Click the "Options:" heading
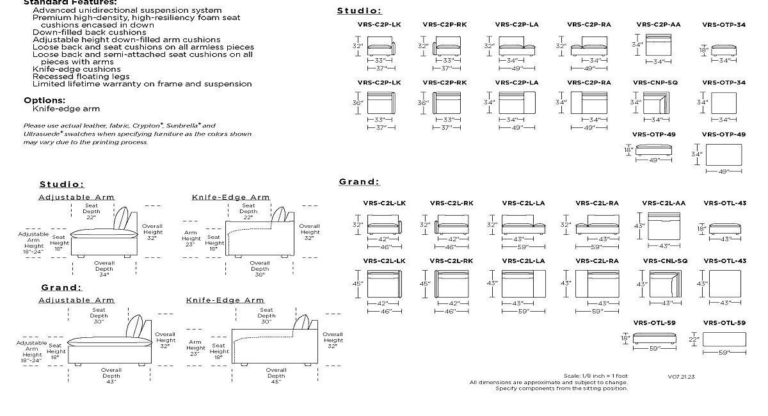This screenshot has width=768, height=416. (x=45, y=100)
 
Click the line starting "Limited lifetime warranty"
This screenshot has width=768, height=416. (x=142, y=84)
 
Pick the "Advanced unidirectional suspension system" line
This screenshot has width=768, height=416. (x=127, y=10)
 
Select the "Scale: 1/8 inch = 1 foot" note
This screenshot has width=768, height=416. (x=596, y=376)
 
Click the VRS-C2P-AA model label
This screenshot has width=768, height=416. (x=658, y=25)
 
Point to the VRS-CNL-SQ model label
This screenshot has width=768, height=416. (x=665, y=261)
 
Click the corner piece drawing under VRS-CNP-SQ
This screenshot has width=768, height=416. (x=656, y=103)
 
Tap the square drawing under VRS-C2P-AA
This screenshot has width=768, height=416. (x=659, y=45)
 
